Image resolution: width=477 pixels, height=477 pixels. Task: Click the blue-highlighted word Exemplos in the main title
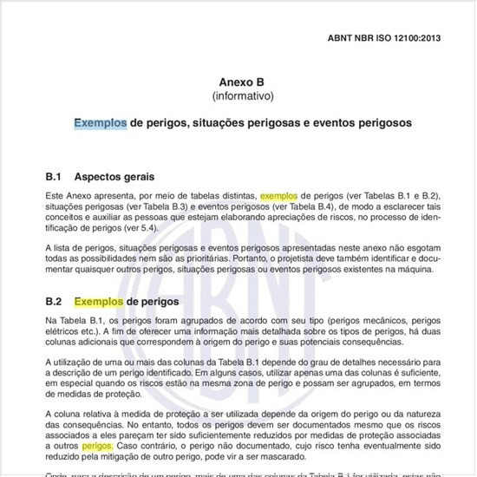pos(100,123)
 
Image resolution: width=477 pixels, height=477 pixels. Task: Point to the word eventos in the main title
pos(339,123)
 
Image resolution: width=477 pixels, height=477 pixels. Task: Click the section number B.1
pos(56,175)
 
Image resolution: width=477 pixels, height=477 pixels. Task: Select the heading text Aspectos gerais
pos(121,175)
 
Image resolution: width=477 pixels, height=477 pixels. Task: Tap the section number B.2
pos(56,302)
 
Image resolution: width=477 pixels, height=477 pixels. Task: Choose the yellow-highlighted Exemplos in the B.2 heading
pos(100,302)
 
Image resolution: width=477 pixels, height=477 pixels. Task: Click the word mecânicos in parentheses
pos(376,322)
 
